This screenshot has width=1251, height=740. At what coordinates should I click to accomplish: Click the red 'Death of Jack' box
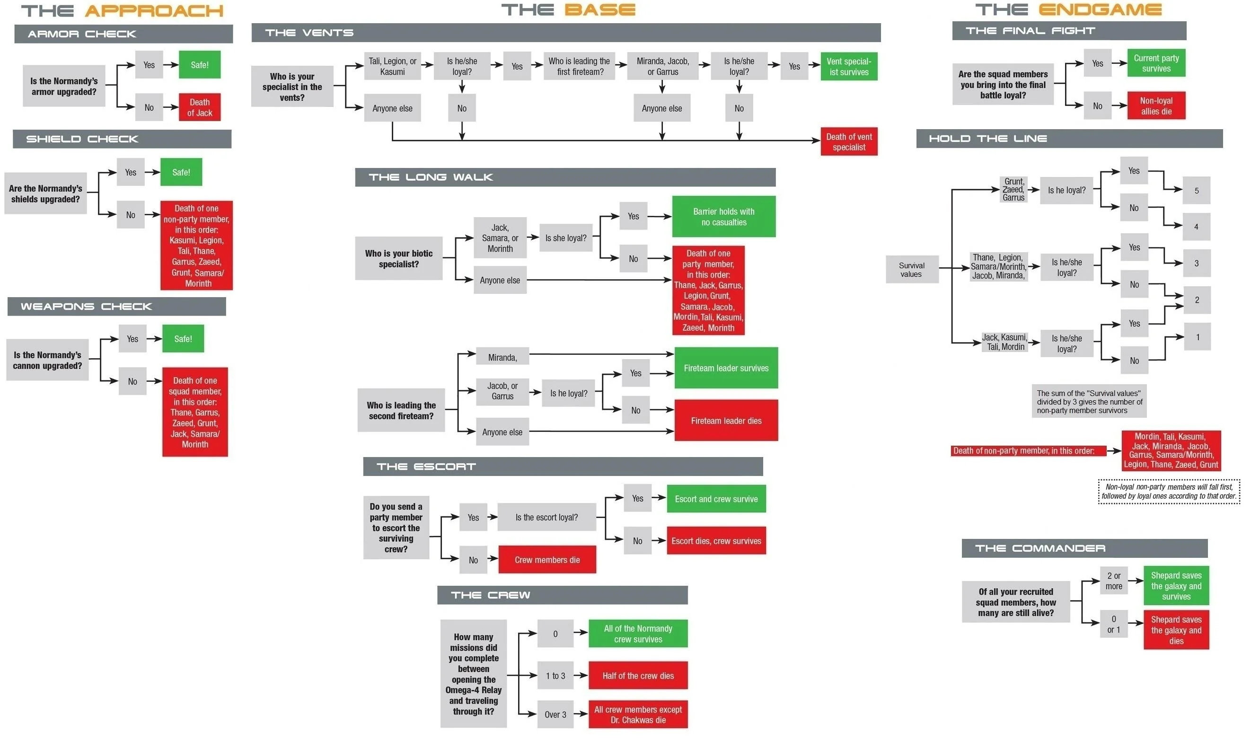click(200, 107)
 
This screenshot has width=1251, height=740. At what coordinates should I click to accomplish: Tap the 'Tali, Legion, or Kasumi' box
click(392, 66)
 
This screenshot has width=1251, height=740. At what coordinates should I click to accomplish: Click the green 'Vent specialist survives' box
click(849, 67)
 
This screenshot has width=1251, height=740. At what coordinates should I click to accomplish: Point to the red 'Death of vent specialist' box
click(849, 141)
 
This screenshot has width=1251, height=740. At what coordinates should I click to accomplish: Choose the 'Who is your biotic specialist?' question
click(398, 258)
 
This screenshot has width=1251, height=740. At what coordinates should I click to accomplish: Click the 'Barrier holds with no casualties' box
click(723, 216)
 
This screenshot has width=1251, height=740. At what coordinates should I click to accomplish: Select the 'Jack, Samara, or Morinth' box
click(500, 238)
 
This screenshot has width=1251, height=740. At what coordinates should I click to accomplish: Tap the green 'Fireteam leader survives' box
click(725, 368)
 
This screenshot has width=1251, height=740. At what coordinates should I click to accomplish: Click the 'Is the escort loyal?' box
click(546, 517)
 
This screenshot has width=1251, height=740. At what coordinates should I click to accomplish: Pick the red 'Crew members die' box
click(547, 559)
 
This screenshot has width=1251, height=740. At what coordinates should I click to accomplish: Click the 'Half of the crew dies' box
click(638, 676)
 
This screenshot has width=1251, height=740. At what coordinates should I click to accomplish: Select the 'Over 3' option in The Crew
click(555, 714)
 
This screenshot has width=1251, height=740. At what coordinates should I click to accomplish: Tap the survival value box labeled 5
click(1196, 191)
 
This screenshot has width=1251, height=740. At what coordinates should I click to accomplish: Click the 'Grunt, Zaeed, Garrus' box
click(1013, 189)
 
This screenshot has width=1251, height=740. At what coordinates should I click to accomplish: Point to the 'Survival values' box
click(911, 269)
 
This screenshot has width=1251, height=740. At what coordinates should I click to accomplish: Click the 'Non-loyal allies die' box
click(1156, 106)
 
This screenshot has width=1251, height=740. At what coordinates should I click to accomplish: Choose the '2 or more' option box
click(1113, 581)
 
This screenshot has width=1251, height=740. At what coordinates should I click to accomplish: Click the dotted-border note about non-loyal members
click(1168, 491)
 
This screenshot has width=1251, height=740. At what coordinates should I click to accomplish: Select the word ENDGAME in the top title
click(1100, 10)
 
